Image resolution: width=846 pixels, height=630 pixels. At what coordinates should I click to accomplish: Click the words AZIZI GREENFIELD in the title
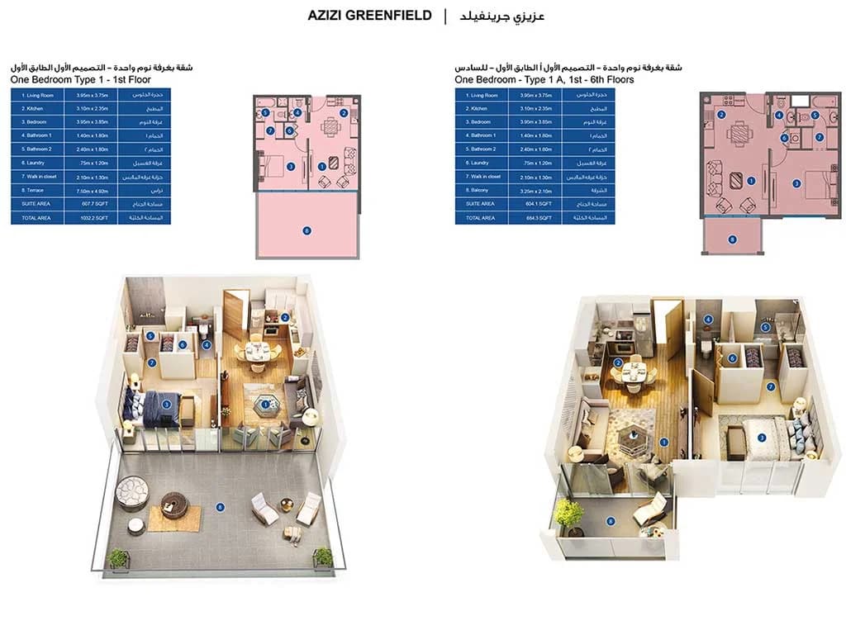369,16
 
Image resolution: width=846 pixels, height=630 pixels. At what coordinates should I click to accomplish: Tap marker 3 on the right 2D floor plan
796,182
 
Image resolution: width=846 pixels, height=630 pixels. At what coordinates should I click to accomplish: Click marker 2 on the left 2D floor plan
343,113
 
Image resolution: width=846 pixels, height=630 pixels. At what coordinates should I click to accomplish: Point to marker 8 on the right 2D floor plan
731,239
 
